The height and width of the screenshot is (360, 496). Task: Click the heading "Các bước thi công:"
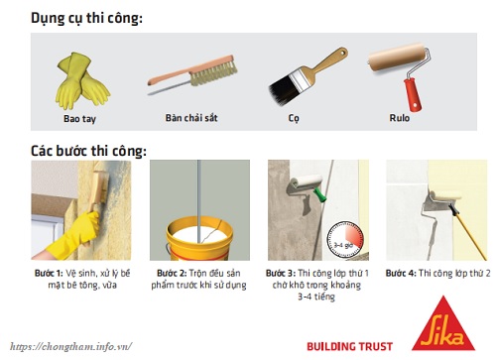(x=89, y=152)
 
